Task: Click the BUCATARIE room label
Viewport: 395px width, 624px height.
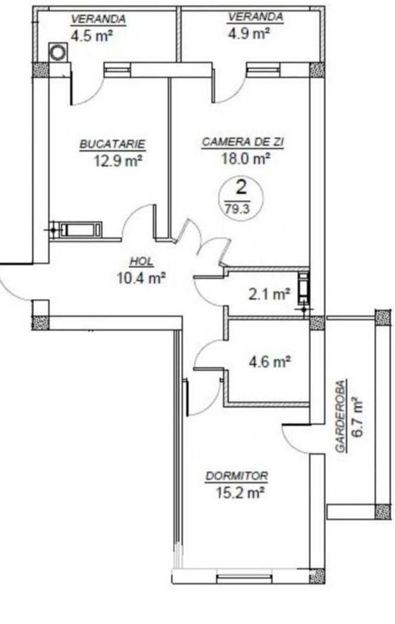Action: (113, 144)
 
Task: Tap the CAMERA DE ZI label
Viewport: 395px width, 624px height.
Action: (243, 142)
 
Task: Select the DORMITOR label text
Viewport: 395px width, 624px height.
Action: (237, 475)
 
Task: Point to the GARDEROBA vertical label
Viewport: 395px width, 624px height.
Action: (341, 415)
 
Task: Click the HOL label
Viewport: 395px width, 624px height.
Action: (141, 262)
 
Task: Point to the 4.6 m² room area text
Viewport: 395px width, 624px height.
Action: (269, 362)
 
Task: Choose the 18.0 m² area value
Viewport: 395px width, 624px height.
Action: (245, 159)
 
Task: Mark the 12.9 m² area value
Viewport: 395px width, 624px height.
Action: (119, 161)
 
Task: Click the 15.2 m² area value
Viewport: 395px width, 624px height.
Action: (240, 493)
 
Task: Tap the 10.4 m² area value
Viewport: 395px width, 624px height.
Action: (141, 277)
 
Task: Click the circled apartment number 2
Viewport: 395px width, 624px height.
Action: (241, 187)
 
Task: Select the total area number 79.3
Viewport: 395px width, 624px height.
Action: (237, 209)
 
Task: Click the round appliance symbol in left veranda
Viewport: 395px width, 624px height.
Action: (59, 52)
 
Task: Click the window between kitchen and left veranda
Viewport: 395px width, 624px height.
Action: (118, 70)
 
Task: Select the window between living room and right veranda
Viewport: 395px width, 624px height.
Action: (263, 70)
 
